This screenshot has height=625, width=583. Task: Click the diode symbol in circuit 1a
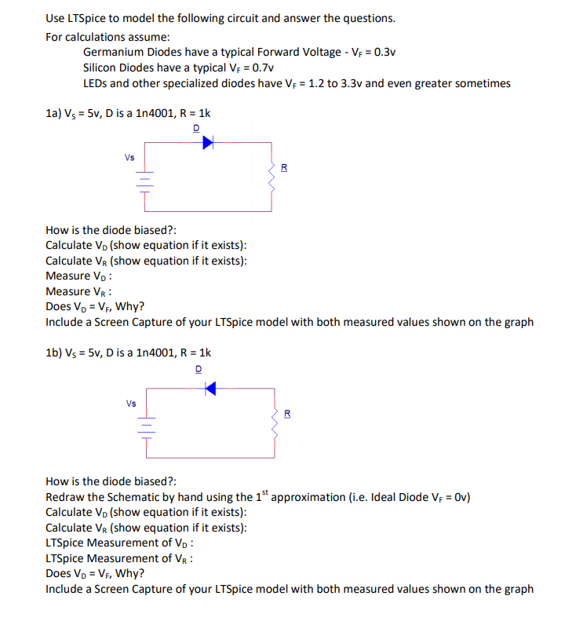click(x=207, y=142)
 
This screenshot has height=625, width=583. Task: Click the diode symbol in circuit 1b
click(x=210, y=388)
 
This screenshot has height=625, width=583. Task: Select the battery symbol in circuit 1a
click(x=144, y=182)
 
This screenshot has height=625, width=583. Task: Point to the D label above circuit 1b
click(x=198, y=367)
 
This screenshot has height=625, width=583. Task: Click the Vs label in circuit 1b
click(x=130, y=404)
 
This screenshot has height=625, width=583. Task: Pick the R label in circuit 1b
click(x=286, y=414)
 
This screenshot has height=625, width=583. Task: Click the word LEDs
click(x=96, y=83)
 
